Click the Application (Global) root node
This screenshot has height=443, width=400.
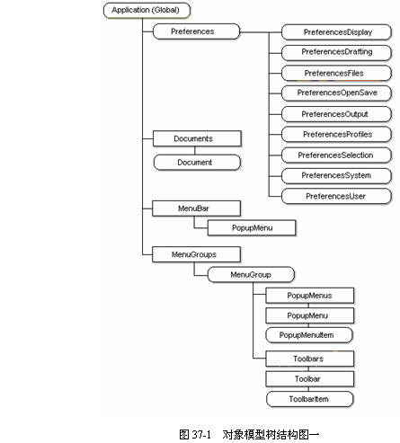tap(147, 10)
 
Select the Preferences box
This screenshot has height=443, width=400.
tap(196, 31)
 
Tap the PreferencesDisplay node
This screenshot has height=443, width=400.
tap(336, 32)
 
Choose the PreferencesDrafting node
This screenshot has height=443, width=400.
tap(336, 52)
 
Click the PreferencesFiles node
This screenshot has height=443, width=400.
tap(336, 74)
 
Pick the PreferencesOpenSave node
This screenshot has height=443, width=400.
tap(336, 93)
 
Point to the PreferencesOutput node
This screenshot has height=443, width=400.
tap(336, 114)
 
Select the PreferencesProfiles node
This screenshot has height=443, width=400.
tap(336, 134)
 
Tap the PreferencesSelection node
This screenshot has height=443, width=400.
tap(336, 155)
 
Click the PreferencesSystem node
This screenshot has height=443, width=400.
tap(336, 175)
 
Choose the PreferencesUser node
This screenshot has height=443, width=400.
tap(336, 196)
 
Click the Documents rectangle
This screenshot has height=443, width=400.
tap(197, 138)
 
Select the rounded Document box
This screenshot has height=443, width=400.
tap(197, 163)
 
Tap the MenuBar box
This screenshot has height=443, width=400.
tap(196, 208)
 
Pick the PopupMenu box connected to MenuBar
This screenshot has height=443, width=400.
tap(252, 228)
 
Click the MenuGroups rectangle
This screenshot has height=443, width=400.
tap(196, 254)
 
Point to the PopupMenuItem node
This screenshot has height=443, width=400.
tap(309, 335)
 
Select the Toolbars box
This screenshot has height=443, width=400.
tap(310, 359)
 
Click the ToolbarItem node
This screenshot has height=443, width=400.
tap(310, 399)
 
